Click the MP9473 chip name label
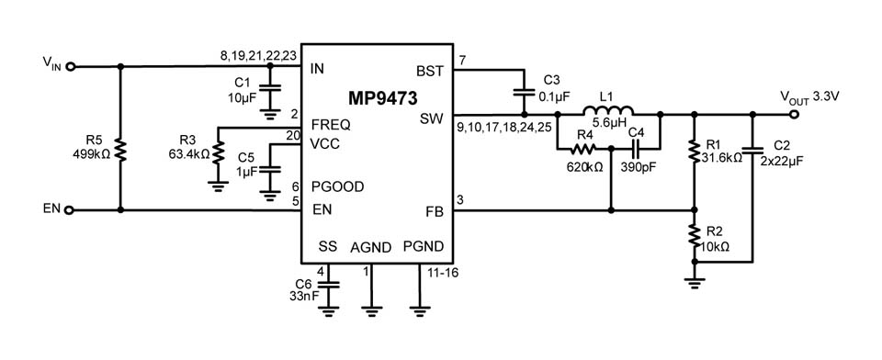point(379,97)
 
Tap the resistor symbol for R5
point(121,150)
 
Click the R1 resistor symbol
point(694,151)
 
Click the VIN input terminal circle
point(70,66)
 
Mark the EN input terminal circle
point(70,210)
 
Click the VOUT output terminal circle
point(796,115)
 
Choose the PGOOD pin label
point(337,186)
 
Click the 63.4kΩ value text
point(188,153)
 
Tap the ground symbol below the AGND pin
point(371,309)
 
